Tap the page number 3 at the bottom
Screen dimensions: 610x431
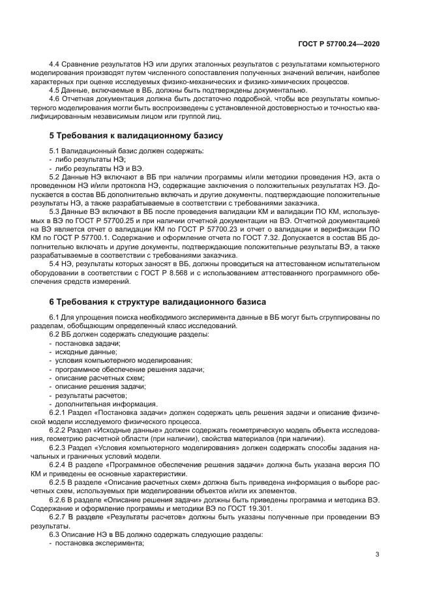pos(378,555)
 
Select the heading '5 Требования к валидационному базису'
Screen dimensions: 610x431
pos(136,136)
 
